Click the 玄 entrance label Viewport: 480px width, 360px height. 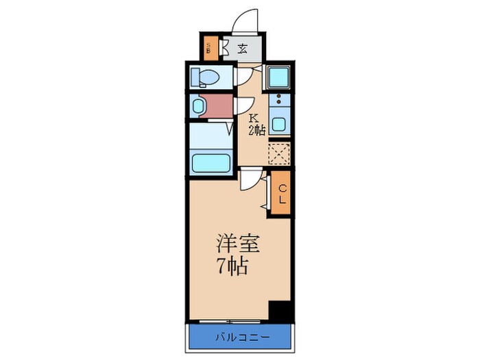coord(243,48)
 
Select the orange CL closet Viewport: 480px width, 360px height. coord(282,195)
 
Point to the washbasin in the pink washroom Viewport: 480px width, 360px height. coord(199,106)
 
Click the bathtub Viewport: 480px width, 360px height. coord(211,164)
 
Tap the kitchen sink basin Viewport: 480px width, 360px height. coord(279,124)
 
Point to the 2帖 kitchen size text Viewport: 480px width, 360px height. coord(256,130)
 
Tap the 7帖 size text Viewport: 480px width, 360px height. coord(234,265)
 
